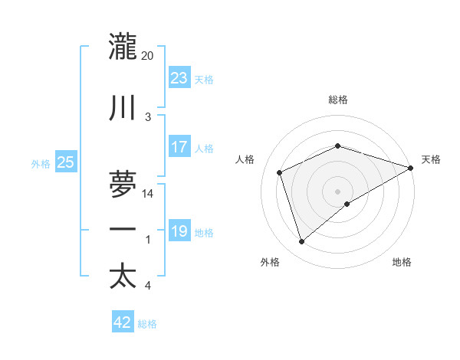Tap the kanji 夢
123,183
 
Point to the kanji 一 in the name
123,229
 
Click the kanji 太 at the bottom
123,275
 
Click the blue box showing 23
179,78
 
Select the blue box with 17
179,147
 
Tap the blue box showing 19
179,231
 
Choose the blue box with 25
65,162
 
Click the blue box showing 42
123,322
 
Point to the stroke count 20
148,55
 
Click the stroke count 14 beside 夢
148,194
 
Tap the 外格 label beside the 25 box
41,163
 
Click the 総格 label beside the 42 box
147,324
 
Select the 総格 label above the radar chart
338,100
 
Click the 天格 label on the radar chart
431,159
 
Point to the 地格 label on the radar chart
402,262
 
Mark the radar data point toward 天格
411,167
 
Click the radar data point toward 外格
301,242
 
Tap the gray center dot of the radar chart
338,191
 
